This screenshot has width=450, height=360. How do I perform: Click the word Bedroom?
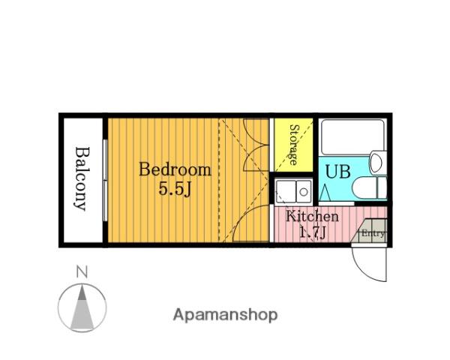[x=175, y=169]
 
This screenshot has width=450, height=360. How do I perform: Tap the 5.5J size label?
[x=175, y=189]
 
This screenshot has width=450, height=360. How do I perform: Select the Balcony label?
[x=82, y=178]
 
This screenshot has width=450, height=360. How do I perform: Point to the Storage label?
[x=293, y=145]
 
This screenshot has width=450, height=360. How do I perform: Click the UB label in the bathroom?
[x=337, y=172]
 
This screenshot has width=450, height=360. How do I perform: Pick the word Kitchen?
[x=312, y=216]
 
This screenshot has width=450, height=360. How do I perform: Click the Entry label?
[x=373, y=233]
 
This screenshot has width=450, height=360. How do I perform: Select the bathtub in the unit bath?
[x=352, y=137]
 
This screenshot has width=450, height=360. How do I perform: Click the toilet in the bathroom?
[x=370, y=187]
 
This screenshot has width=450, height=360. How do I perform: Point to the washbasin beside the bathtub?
[x=378, y=163]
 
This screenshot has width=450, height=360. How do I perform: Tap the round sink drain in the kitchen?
[x=304, y=191]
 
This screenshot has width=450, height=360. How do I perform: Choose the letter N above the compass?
[x=82, y=272]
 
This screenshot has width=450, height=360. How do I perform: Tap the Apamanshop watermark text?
[x=225, y=315]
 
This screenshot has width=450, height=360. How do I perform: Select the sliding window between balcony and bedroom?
[x=105, y=180]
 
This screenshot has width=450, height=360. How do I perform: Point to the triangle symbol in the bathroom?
[x=325, y=192]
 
